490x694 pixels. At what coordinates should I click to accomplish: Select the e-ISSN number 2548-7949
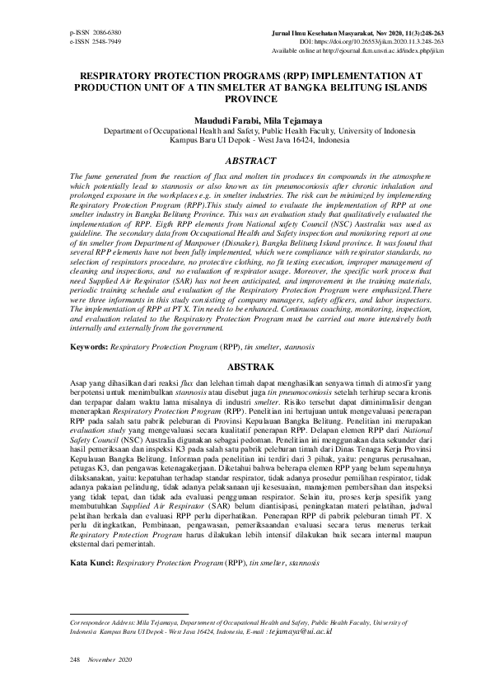click(105, 40)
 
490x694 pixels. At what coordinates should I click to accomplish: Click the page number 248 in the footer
click(75, 661)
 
